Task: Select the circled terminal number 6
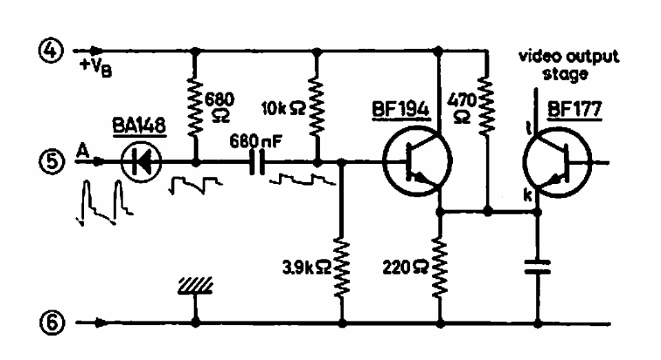point(52,323)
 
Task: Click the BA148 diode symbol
point(141,161)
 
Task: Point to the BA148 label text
point(139,126)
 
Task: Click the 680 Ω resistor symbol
point(195,107)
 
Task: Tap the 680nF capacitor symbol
point(257,161)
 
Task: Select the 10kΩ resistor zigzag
point(317,107)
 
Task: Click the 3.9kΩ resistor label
point(307,268)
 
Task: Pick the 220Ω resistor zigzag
point(440,268)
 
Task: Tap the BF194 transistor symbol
point(418,161)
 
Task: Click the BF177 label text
point(574,110)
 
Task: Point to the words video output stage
point(568,65)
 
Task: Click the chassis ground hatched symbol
point(195,286)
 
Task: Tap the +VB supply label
point(96,68)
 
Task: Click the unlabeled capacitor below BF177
point(538,268)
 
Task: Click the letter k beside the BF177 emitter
point(527,195)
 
